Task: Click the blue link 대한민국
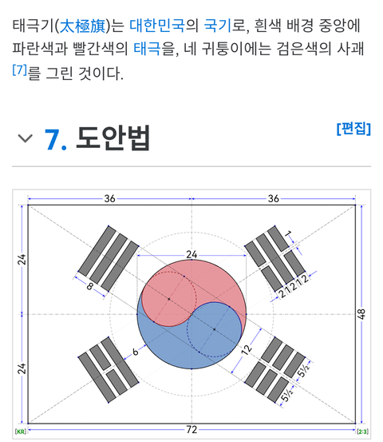click(157, 26)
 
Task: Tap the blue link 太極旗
click(83, 26)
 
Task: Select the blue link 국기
click(217, 26)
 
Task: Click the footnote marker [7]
click(19, 70)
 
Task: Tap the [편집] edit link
click(353, 129)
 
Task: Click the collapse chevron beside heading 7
click(26, 138)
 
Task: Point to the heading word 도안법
click(113, 138)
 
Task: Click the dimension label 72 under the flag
click(191, 429)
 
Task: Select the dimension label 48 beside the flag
click(361, 314)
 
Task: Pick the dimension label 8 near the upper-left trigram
click(89, 286)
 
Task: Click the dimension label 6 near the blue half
click(136, 352)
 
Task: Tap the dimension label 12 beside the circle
click(247, 350)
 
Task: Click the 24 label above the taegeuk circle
click(191, 255)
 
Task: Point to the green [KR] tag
click(20, 432)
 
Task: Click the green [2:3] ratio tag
click(362, 432)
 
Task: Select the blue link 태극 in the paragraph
click(147, 49)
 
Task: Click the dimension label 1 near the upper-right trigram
click(288, 233)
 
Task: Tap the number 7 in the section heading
click(53, 139)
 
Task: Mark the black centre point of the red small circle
click(169, 299)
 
